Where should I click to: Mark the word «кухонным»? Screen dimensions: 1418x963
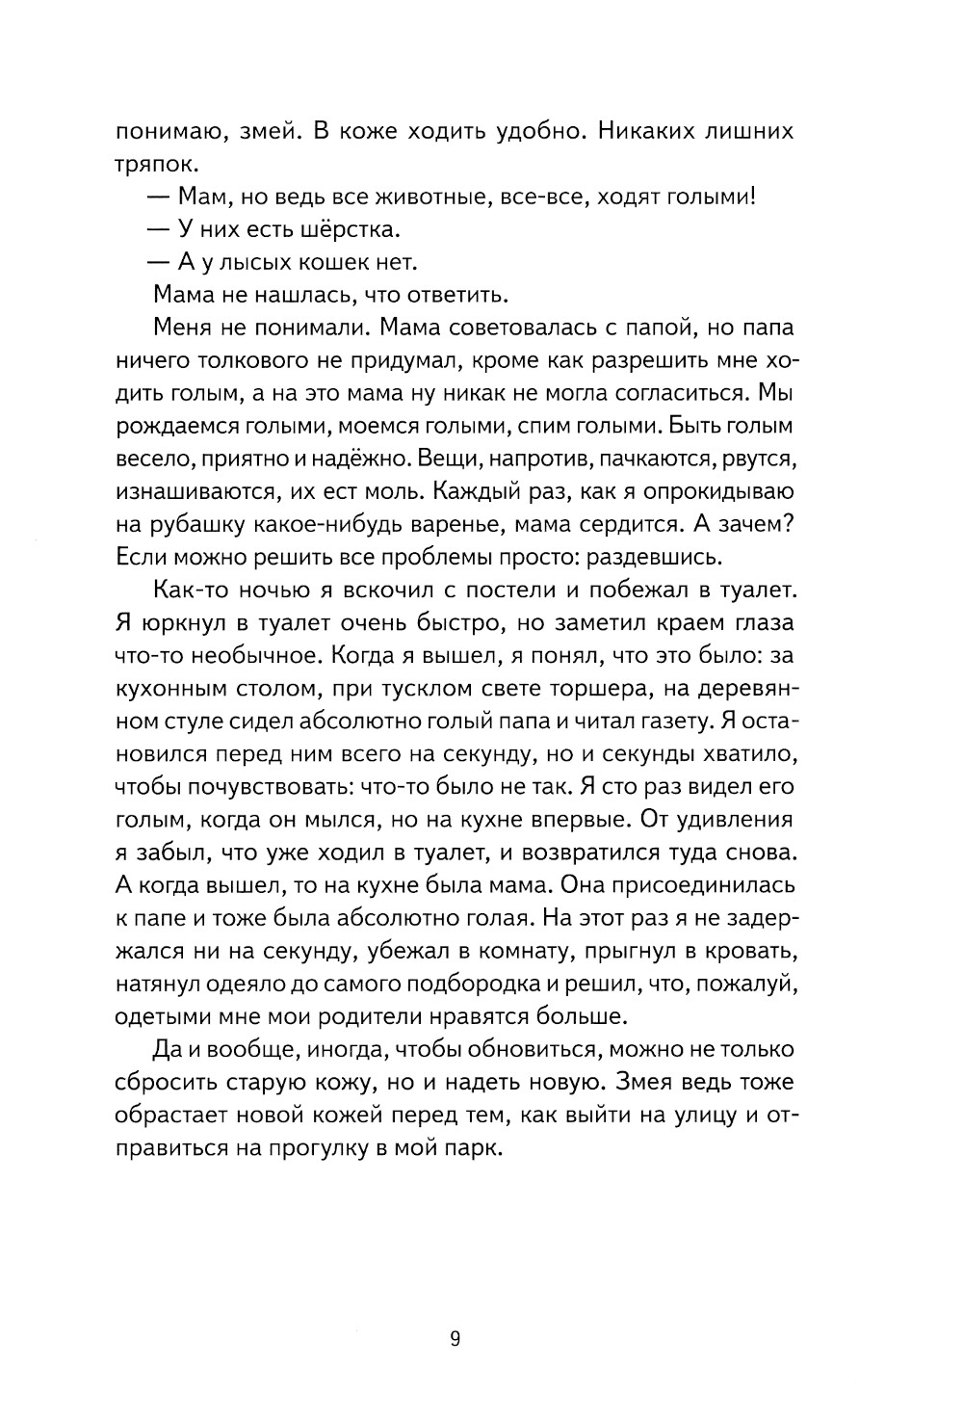[x=171, y=688]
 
